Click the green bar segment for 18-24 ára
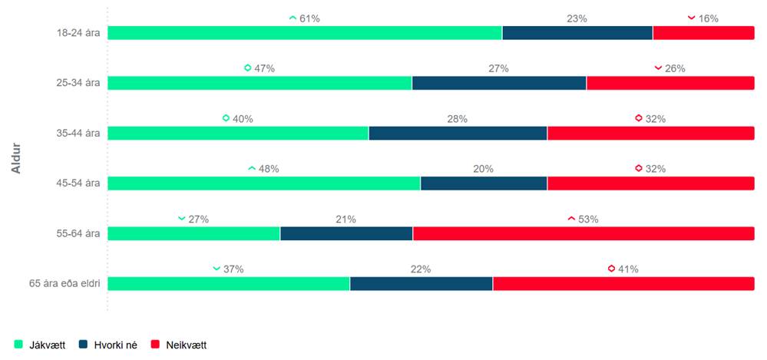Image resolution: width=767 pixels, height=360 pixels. coord(304,33)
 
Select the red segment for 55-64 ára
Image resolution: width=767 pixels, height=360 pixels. coord(584,233)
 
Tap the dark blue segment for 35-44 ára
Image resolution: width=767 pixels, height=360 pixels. coord(458,134)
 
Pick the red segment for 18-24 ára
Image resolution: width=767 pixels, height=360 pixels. coord(703,33)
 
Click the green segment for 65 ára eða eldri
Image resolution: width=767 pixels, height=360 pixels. coord(228,284)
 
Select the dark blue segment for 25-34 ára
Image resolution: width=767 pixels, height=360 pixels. coord(499,83)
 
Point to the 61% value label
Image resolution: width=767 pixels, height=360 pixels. coord(309,18)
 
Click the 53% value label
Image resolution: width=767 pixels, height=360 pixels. coord(588,219)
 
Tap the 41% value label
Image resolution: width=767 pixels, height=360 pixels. coord(628,269)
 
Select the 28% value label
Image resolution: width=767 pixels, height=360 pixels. coord(458,118)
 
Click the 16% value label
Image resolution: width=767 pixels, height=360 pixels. coord(708,18)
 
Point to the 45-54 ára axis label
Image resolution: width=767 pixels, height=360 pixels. coord(78,183)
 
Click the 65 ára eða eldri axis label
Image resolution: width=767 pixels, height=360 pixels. coord(64,284)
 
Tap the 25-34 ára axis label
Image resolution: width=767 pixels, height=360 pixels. coord(78,83)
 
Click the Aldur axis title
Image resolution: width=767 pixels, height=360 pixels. coord(16,157)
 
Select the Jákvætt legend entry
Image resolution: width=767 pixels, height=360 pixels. coord(41,345)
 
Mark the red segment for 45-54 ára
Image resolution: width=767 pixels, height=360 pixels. coord(650,183)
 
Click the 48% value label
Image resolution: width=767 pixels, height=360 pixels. coord(268,169)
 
